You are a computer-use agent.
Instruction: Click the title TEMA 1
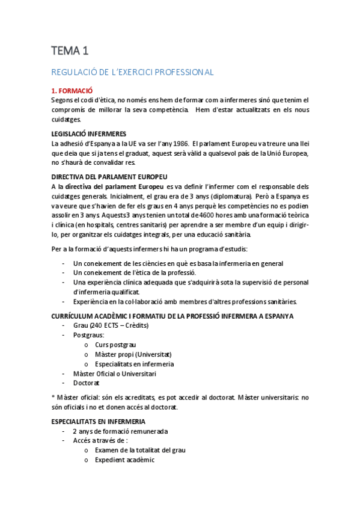tap(69, 51)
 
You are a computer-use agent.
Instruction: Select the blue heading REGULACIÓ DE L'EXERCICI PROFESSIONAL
tap(132, 72)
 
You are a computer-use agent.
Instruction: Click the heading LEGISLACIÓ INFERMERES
tap(88, 133)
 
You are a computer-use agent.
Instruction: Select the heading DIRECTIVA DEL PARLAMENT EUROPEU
tap(109, 177)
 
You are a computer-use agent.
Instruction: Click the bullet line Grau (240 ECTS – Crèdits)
tap(111, 325)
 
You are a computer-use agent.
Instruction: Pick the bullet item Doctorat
tap(87, 382)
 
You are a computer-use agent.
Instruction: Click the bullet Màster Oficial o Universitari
tap(114, 373)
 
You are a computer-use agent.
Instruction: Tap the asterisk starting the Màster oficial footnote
tap(53, 397)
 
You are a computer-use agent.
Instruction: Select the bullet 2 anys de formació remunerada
tap(120, 431)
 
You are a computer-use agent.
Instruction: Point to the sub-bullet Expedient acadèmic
tap(124, 460)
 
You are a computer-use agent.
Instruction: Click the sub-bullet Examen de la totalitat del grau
tap(140, 450)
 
